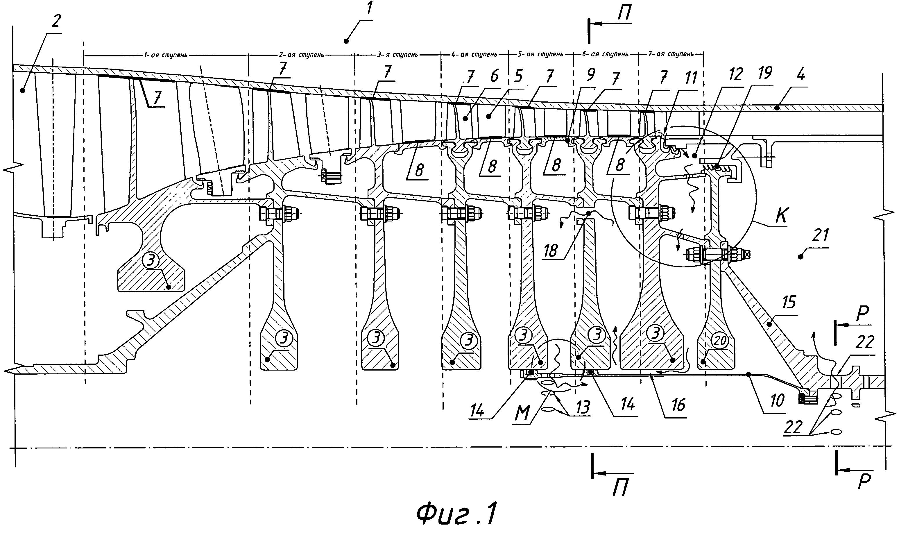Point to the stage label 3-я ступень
[397, 55]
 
